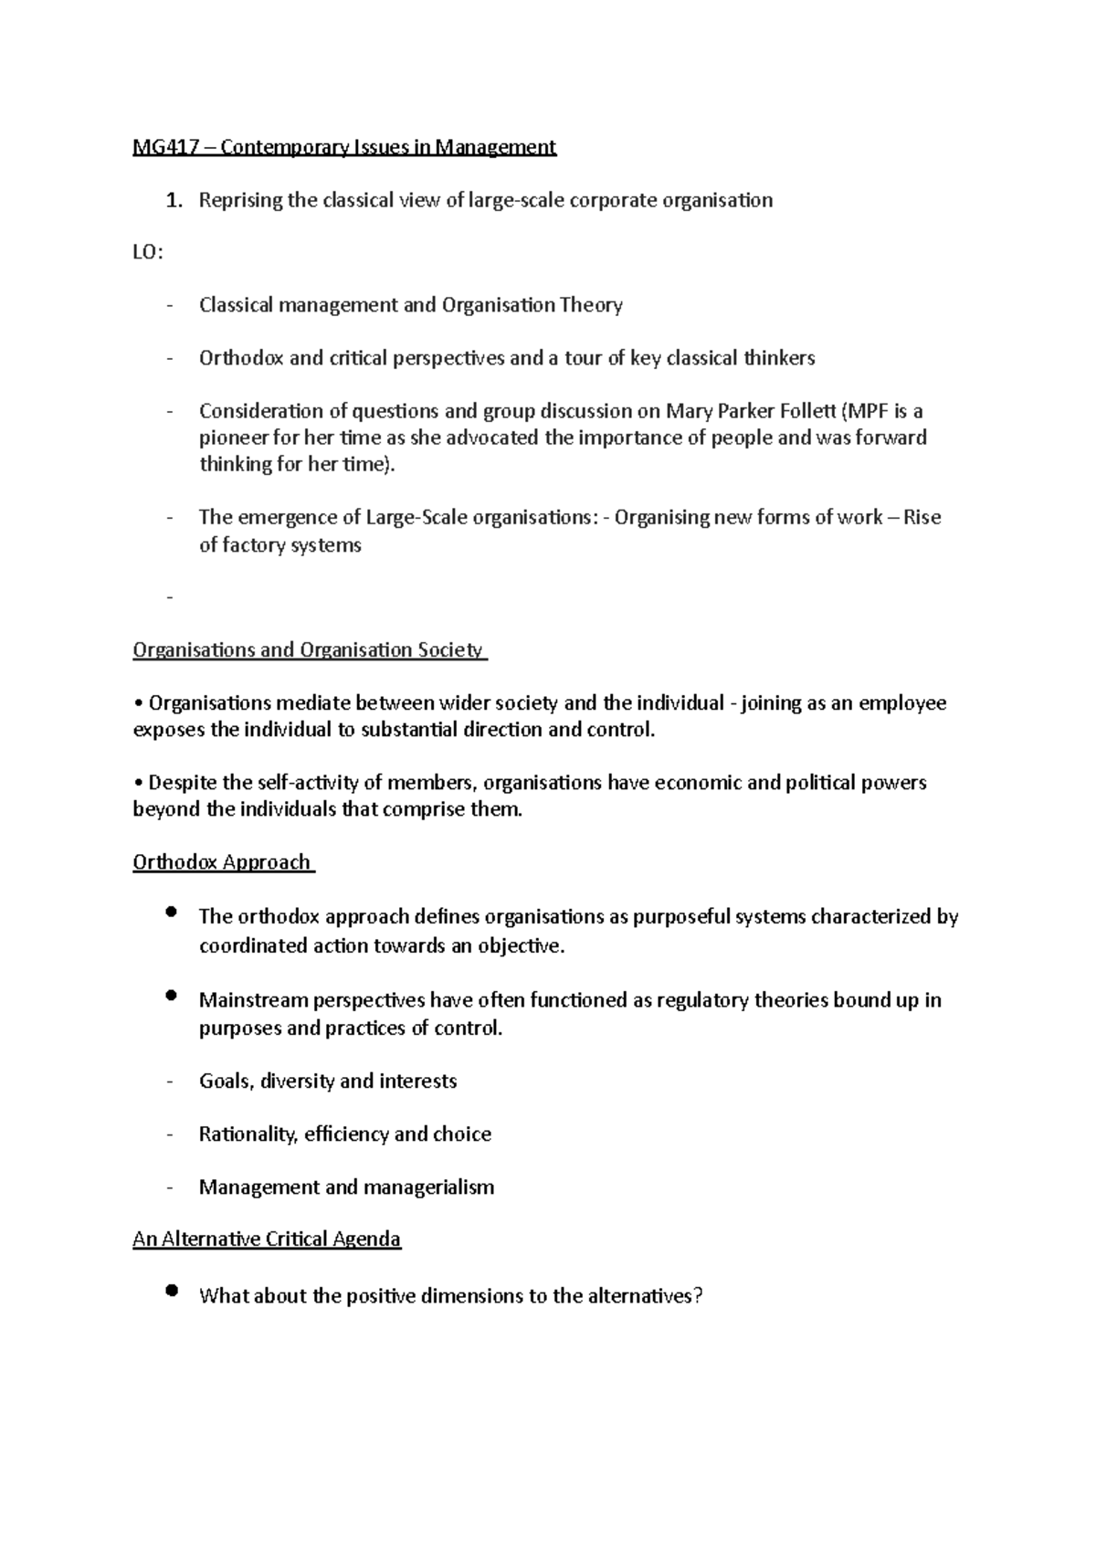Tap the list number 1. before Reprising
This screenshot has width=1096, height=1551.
[x=174, y=201]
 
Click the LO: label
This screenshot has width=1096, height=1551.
[x=148, y=254]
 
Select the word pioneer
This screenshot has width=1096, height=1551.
[x=232, y=438]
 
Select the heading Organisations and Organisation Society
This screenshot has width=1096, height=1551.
[x=309, y=650]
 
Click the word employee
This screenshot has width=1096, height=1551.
[x=902, y=703]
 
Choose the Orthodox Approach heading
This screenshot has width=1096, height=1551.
[x=222, y=863]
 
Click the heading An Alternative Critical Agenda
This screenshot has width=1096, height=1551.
[x=267, y=1240]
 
